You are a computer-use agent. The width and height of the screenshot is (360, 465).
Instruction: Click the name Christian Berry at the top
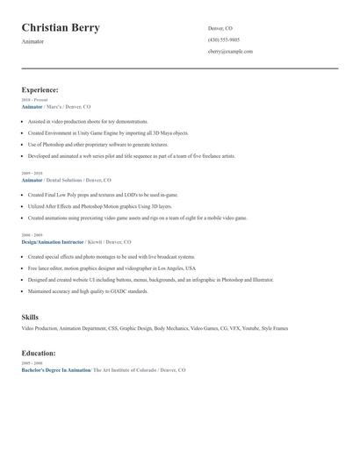pyautogui.click(x=61, y=28)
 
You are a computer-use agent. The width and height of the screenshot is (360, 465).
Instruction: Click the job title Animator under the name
pyautogui.click(x=33, y=42)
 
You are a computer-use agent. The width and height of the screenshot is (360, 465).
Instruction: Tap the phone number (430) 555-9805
pyautogui.click(x=223, y=40)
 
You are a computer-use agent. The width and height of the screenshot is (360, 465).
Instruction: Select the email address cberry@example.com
pyautogui.click(x=230, y=52)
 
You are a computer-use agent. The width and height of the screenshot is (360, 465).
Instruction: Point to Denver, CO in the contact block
pyautogui.click(x=220, y=29)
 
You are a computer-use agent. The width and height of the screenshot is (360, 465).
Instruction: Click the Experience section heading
pyautogui.click(x=40, y=89)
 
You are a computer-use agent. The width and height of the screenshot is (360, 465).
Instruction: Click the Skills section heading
pyautogui.click(x=30, y=317)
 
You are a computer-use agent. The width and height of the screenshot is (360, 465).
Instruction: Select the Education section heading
pyautogui.click(x=39, y=353)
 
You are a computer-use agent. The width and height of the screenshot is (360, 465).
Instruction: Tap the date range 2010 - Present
pyautogui.click(x=35, y=100)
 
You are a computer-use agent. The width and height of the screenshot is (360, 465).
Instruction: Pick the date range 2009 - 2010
pyautogui.click(x=32, y=174)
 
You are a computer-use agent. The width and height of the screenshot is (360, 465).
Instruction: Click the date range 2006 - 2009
pyautogui.click(x=32, y=235)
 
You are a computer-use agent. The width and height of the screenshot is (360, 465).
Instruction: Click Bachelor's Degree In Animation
pyautogui.click(x=55, y=370)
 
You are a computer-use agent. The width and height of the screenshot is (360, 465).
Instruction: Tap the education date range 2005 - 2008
pyautogui.click(x=32, y=363)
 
